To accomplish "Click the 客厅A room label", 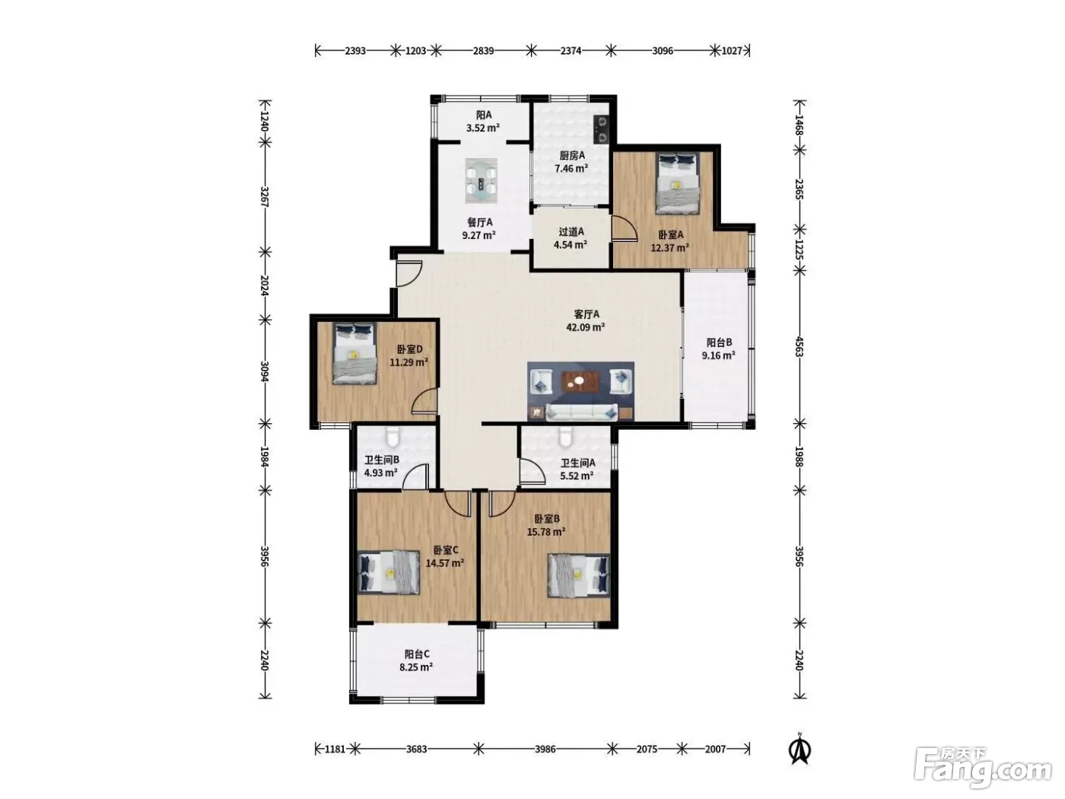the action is tap(586, 314).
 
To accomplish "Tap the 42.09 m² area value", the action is tap(585, 327).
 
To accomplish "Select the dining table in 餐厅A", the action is tap(481, 180).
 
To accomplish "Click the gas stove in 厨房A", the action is tap(602, 129).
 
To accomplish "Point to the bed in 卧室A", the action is tap(678, 183).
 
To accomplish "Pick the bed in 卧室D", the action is tap(354, 353).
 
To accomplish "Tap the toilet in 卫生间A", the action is tap(564, 437).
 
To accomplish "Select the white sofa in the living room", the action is tap(582, 412).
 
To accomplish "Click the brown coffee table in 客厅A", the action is tap(580, 381).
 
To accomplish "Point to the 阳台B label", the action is tap(718, 342).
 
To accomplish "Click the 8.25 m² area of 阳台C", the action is tap(416, 667).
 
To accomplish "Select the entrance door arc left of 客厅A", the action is tap(409, 274).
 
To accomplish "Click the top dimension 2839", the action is tap(483, 50).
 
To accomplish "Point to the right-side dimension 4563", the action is tap(799, 346).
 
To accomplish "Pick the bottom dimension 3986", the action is tap(545, 749).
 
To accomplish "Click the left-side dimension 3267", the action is tap(265, 196).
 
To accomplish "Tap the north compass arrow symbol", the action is tap(800, 751).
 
